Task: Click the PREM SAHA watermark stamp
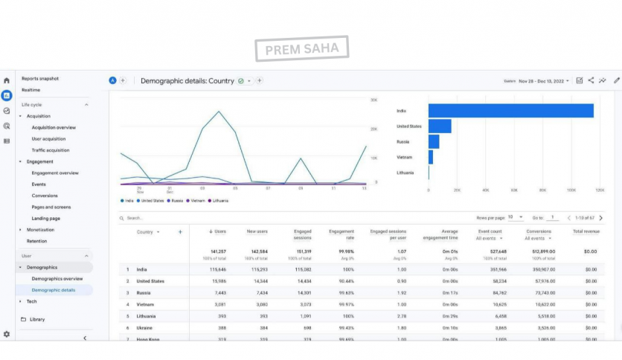tap(301, 49)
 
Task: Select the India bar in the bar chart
tap(510, 111)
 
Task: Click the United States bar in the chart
tap(440, 126)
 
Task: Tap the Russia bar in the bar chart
tap(434, 141)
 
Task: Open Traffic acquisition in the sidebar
tap(51, 150)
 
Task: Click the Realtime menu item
tap(31, 90)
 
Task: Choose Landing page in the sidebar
tap(46, 219)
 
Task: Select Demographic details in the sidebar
tap(54, 290)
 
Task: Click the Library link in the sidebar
tap(37, 319)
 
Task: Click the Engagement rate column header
tap(342, 235)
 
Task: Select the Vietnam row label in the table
tap(145, 304)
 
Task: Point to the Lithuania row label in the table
tap(147, 316)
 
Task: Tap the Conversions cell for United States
tap(545, 281)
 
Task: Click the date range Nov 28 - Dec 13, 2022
tap(544, 80)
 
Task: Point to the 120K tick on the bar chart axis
tap(600, 190)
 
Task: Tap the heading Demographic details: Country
tap(187, 80)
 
